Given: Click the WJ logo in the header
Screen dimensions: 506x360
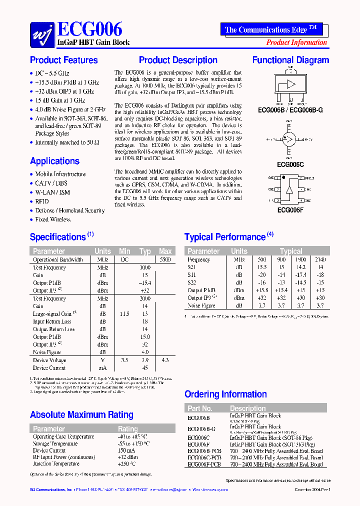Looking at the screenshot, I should (x=42, y=33).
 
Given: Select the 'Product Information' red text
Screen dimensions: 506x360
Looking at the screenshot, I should (x=296, y=42).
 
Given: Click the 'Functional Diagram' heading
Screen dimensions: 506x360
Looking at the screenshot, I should (x=290, y=60).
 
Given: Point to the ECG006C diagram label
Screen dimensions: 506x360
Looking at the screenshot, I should (x=290, y=163).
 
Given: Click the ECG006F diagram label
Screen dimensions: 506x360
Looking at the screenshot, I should (x=290, y=210).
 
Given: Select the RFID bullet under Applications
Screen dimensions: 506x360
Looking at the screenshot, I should (x=42, y=201).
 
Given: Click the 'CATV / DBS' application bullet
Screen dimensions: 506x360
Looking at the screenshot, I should (x=51, y=183).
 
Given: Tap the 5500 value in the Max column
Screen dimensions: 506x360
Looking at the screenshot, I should (x=165, y=260).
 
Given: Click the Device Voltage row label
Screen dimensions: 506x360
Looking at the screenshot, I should (x=49, y=360).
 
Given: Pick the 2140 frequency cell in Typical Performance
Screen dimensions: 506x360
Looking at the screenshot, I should (x=320, y=260).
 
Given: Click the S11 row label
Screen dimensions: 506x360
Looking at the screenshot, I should (x=192, y=275).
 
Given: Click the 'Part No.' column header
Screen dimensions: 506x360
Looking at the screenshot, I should (x=200, y=408).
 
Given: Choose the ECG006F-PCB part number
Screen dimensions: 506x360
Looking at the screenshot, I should (x=204, y=464).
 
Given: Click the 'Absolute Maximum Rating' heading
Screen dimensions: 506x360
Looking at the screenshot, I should (x=81, y=415).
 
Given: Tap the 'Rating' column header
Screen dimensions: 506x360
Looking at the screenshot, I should (x=127, y=429).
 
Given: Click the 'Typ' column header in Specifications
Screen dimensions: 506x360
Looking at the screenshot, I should (x=145, y=251).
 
